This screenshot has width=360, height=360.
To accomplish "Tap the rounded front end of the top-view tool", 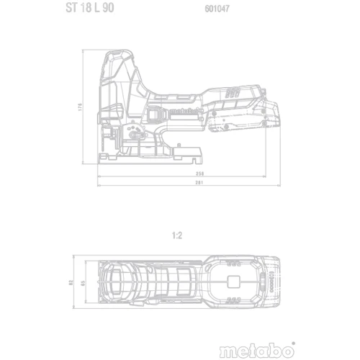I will pyautogui.click(x=101, y=284).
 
